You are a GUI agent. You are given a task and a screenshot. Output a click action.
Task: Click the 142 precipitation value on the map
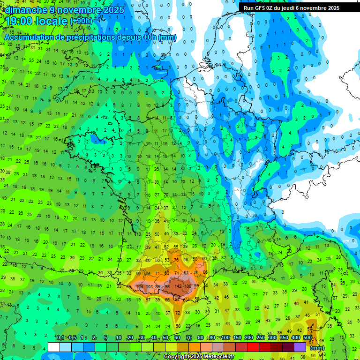coord(178,286)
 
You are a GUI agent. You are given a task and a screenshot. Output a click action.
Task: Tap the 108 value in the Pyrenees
coord(187,286)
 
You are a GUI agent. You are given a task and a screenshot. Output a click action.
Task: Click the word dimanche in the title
coord(26,10)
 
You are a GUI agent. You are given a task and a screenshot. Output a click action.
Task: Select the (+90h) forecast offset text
coord(81,21)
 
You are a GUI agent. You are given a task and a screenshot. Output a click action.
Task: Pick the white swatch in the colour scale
coord(54,347)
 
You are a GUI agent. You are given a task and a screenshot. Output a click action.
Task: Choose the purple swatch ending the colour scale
coord(300,347)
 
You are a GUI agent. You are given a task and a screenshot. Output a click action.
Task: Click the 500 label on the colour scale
coord(307,337)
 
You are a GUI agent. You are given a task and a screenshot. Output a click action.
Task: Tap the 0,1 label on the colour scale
coord(60,337)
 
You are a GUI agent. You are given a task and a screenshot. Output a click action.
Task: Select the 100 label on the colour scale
coord(225,337)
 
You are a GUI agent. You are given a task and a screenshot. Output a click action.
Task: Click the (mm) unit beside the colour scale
coord(317,348)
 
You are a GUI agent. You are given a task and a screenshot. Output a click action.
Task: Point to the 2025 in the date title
coord(113,10)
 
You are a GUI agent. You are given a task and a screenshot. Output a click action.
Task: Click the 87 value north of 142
coord(186,273)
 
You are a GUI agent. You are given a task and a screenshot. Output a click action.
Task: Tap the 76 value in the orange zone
coord(176,260)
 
